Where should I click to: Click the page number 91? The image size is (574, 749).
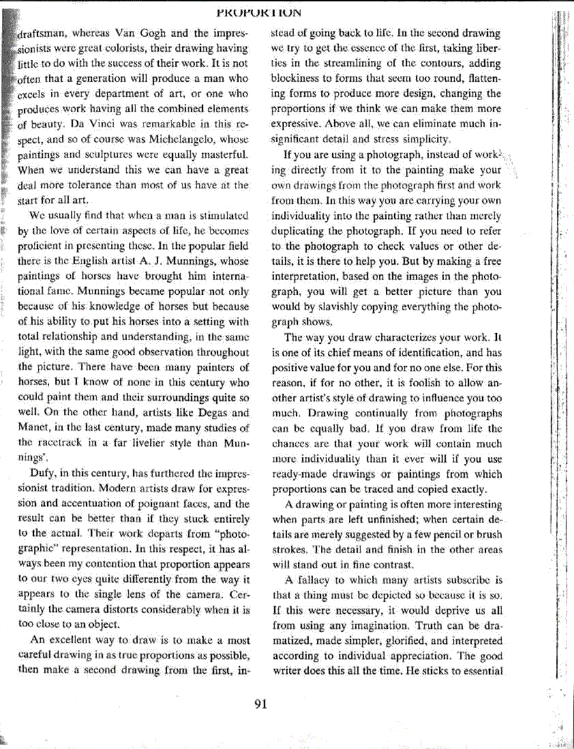[260, 704]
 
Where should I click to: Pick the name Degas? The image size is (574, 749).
[198, 413]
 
